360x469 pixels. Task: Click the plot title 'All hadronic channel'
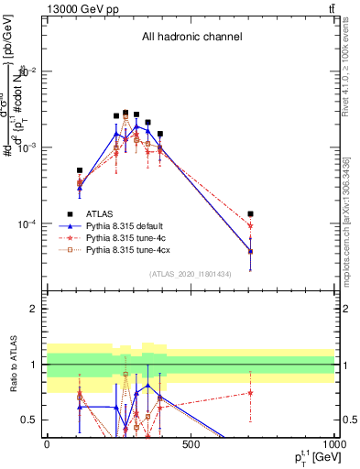coord(191,38)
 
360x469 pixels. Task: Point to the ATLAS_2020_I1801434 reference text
coord(190,274)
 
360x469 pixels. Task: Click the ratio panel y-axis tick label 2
coord(34,309)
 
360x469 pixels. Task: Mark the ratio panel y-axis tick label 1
coord(34,365)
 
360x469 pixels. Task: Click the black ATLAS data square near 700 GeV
coord(250,214)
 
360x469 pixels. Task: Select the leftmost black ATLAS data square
coord(80,170)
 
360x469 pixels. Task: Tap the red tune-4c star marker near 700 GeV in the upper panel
coord(250,226)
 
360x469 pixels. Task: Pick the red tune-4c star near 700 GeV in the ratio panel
coord(250,393)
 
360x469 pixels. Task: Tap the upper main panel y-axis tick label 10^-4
coord(27,224)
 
